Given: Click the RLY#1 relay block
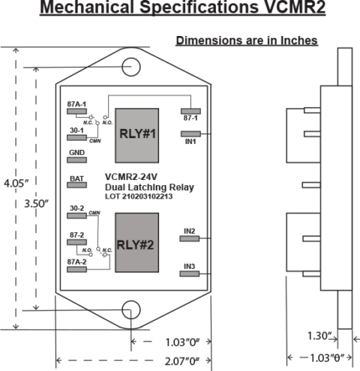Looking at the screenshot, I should click(x=136, y=135).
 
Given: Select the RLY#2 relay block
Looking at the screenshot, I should click(x=136, y=244).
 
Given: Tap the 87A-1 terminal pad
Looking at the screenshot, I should click(x=77, y=111).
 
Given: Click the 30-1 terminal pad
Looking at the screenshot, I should click(x=77, y=137).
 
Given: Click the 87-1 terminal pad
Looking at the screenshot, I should click(x=191, y=109).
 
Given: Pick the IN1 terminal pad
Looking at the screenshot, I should click(x=191, y=136).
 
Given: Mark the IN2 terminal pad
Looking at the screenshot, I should click(x=190, y=238).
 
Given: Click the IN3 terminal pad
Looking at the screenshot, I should click(x=190, y=274).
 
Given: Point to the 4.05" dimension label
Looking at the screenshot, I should click(x=16, y=183).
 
